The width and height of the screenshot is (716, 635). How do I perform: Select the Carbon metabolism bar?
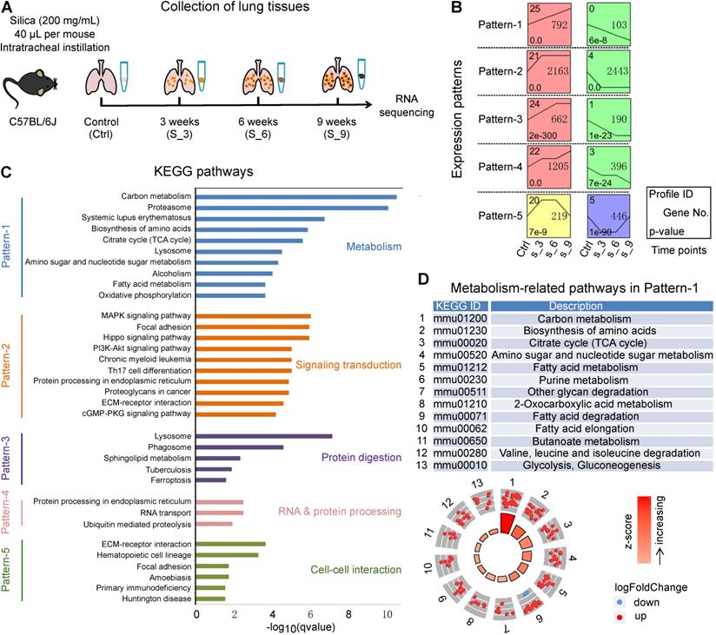pos(296,196)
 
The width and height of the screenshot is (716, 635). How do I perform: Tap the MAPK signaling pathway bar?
pos(253,315)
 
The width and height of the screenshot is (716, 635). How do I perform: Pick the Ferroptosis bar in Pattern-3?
pos(211,480)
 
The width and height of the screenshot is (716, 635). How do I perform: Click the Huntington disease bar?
pos(210,599)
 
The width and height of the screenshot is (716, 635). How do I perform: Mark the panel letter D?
pos(422,281)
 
